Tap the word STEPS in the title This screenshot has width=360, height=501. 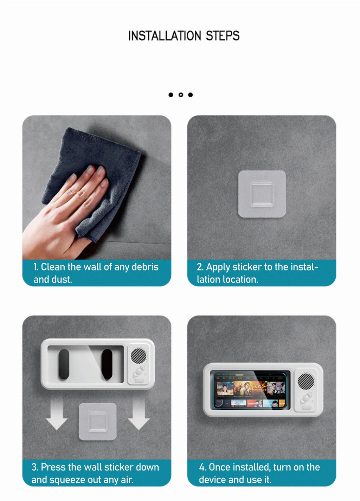click(223, 36)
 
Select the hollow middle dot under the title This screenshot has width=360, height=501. click(181, 95)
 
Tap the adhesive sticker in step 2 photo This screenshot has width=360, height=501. click(262, 194)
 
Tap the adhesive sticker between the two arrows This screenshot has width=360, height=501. click(97, 421)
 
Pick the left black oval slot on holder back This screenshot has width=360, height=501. click(64, 364)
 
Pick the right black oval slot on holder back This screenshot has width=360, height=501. click(107, 364)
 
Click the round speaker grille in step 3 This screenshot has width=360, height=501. click(139, 356)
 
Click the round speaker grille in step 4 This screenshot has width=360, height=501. click(306, 381)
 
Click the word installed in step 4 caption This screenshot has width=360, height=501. click(251, 467)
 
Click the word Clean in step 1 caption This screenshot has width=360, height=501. click(53, 267)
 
